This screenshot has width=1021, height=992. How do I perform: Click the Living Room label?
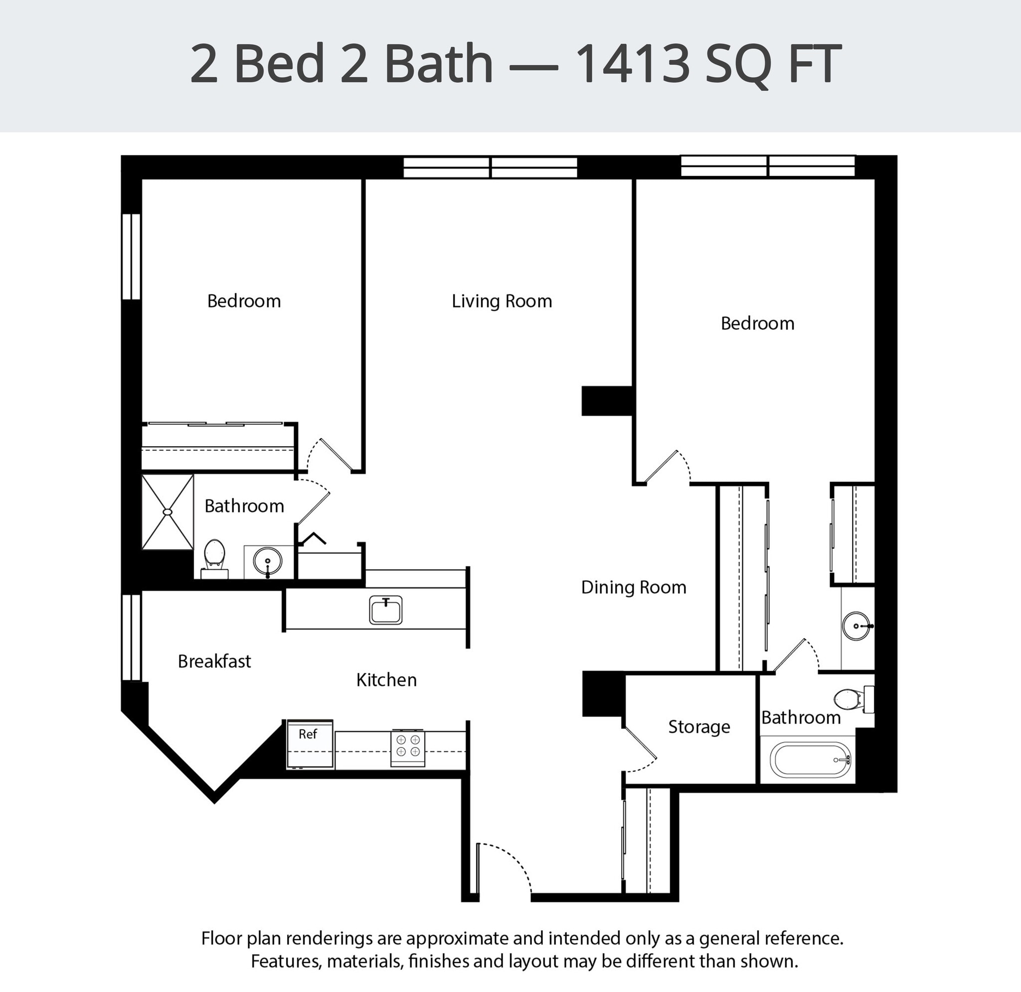(x=502, y=301)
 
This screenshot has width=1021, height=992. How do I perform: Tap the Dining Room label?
(x=633, y=587)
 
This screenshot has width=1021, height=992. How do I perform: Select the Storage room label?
(x=699, y=727)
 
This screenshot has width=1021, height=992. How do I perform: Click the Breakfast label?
(x=214, y=661)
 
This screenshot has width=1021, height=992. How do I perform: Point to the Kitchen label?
(x=386, y=679)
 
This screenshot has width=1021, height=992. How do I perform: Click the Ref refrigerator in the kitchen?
(x=310, y=744)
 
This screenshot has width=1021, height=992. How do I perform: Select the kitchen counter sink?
(x=385, y=610)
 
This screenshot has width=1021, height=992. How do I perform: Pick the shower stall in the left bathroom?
(x=168, y=511)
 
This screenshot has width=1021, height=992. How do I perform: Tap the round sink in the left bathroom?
(x=268, y=561)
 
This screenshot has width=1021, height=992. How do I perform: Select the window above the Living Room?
(x=490, y=168)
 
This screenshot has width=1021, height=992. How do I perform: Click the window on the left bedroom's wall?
(x=131, y=256)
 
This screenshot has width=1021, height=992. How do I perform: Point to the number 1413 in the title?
(x=633, y=64)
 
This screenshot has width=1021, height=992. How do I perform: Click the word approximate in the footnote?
(x=458, y=938)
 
